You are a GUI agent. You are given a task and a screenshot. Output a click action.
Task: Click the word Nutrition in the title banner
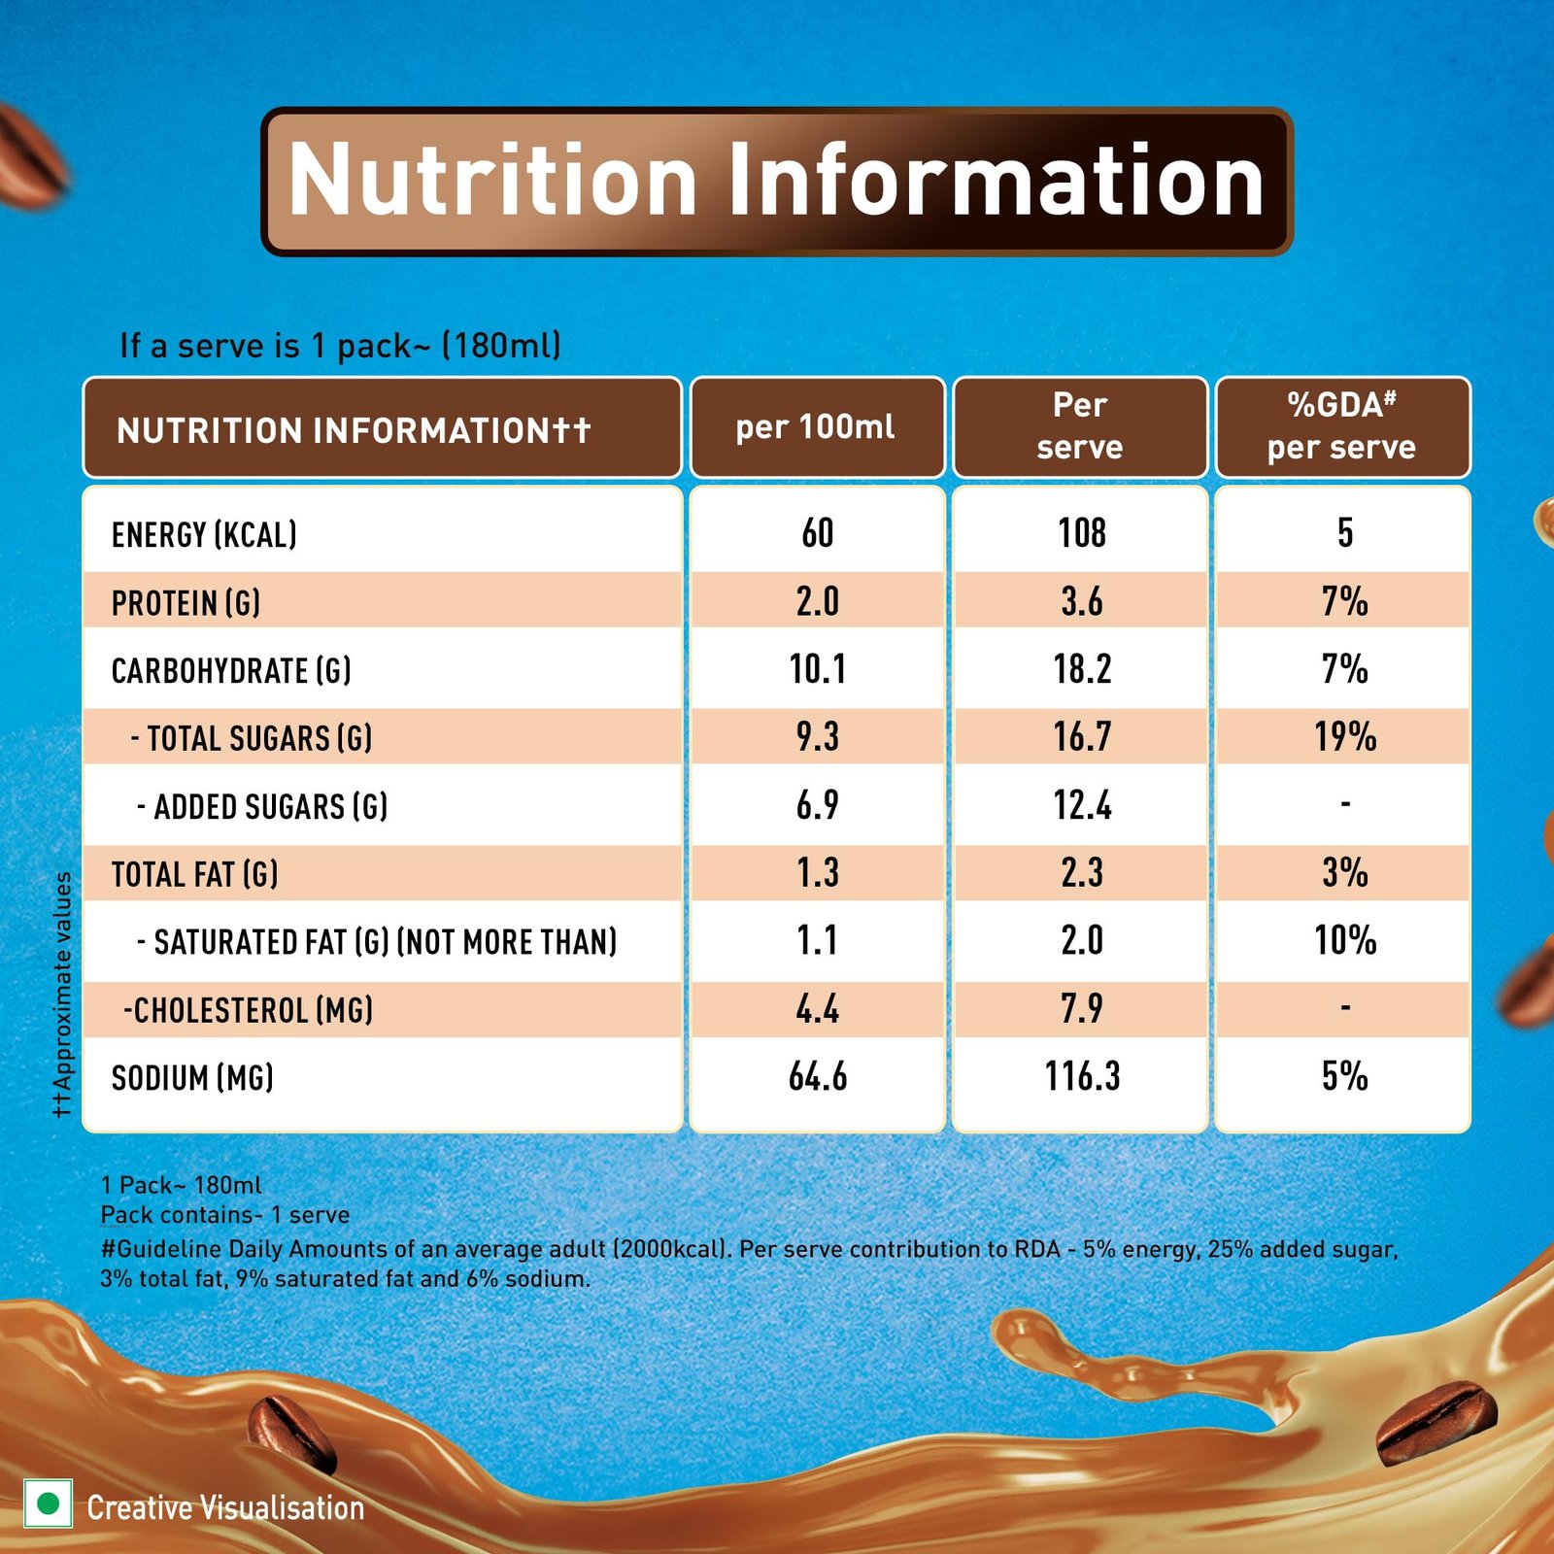(492, 180)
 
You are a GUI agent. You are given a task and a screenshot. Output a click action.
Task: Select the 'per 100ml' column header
(816, 427)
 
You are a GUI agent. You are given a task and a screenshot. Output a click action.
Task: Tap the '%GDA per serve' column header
(1341, 426)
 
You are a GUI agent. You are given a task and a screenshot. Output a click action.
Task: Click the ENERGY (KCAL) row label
(204, 534)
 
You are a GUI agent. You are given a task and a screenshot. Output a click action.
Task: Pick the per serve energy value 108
(1082, 532)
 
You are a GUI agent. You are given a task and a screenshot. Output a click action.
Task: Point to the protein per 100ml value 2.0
(818, 601)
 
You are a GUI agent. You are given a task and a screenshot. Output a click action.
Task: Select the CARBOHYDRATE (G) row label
(231, 670)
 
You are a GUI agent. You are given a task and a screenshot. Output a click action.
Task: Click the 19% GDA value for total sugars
(1345, 737)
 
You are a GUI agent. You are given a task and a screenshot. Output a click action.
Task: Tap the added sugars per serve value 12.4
(1082, 805)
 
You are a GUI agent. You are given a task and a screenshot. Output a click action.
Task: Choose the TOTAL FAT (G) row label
(194, 874)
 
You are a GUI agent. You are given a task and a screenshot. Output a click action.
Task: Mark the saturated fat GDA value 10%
(1345, 940)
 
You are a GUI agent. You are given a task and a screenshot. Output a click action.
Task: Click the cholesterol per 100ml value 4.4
(818, 1009)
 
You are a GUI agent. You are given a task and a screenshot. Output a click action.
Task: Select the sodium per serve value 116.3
(1082, 1077)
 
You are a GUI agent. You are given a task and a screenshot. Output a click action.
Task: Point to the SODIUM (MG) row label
(192, 1078)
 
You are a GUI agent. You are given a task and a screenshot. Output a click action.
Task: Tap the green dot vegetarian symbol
(48, 1504)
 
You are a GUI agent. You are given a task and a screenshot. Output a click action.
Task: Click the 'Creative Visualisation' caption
(225, 1507)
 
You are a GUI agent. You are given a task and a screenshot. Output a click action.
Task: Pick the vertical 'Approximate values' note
(62, 995)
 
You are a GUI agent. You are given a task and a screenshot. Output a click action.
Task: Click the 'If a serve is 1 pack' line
(340, 346)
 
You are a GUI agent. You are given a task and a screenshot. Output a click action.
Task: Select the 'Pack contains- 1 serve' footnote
(224, 1215)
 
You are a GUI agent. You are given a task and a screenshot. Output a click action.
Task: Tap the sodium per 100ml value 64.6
(818, 1077)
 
